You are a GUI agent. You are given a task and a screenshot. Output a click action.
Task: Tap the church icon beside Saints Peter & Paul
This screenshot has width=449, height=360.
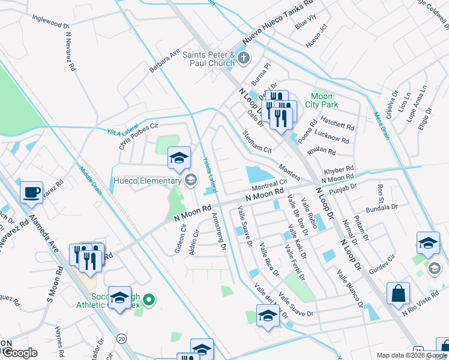point(243,58)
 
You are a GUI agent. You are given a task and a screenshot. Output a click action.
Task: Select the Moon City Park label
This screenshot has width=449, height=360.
point(325,100)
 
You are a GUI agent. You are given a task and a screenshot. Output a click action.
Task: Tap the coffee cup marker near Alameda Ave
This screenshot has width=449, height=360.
point(31,193)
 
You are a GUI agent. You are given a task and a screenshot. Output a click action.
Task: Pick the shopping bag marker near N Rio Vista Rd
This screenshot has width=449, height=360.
point(398,294)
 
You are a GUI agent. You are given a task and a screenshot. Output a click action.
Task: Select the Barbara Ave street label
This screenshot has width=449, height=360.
point(164,62)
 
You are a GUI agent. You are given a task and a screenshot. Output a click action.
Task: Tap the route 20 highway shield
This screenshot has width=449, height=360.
point(121,338)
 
